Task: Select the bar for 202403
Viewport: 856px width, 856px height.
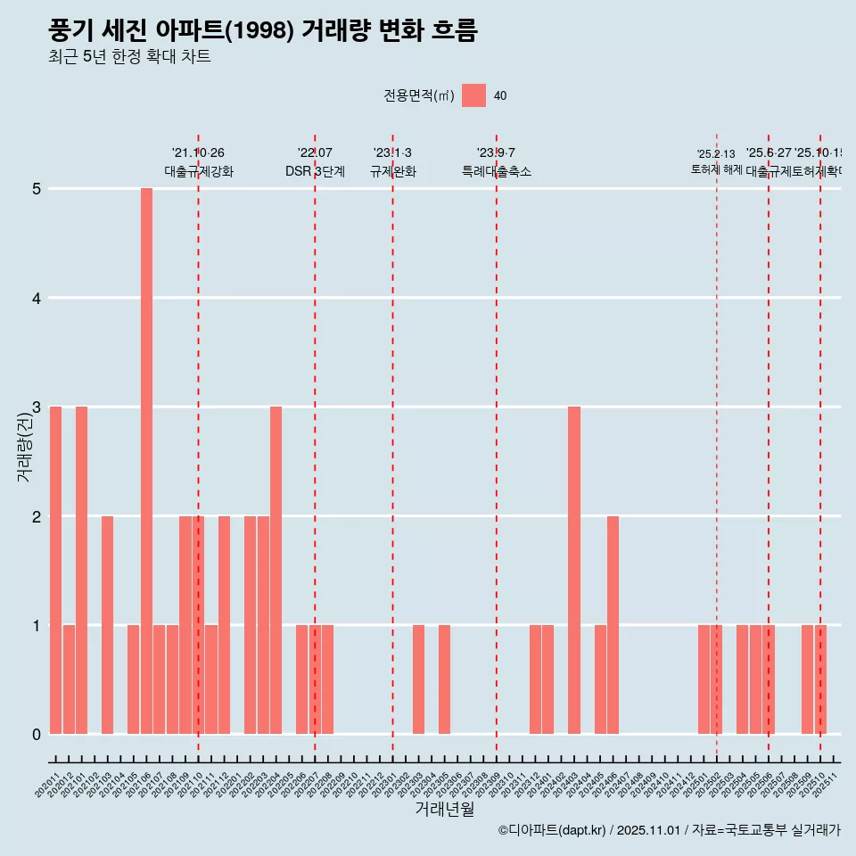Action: point(574,570)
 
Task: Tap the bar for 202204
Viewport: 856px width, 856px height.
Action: point(276,570)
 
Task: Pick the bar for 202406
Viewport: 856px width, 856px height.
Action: point(613,624)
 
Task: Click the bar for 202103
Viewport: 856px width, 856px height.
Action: point(107,624)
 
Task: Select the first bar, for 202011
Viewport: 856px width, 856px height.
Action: point(55,570)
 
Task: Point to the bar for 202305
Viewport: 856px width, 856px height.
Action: point(444,679)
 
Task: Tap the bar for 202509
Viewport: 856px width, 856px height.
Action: point(807,679)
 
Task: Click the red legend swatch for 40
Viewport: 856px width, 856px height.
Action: point(473,95)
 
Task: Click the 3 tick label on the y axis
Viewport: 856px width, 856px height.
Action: point(37,407)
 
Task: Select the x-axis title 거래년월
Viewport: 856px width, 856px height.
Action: point(444,810)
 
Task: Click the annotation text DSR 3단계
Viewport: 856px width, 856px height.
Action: point(315,171)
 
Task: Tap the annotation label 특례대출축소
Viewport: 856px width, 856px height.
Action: point(496,171)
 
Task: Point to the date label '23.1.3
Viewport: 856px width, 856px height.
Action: point(392,153)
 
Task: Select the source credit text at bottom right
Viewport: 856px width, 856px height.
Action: point(669,830)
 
